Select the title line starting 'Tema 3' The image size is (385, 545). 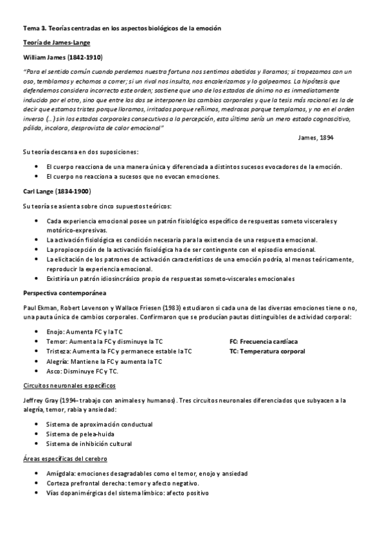(x=121, y=28)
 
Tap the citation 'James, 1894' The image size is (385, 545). (x=316, y=138)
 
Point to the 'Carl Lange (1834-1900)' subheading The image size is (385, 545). (x=57, y=192)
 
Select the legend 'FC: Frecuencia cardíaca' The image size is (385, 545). (x=264, y=341)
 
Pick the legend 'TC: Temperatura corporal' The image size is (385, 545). (x=267, y=352)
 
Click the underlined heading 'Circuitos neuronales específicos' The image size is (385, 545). (x=69, y=386)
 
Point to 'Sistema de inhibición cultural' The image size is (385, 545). (x=89, y=444)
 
